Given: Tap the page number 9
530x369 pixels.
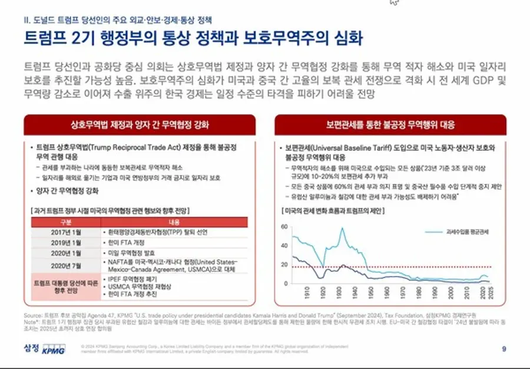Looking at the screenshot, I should (x=503, y=349).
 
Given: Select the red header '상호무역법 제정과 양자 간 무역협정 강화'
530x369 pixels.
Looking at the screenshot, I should (x=139, y=125).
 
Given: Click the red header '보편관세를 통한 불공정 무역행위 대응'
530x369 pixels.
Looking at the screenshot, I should (x=390, y=125).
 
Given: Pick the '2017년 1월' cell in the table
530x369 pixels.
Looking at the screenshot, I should (x=62, y=232).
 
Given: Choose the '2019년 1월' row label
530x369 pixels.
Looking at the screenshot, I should (x=62, y=242).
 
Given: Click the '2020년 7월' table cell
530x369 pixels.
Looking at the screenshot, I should (x=62, y=265).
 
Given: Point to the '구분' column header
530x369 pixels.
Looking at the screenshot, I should (x=62, y=222).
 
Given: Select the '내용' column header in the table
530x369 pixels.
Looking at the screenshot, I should (x=174, y=222).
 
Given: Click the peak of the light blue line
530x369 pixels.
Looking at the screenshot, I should (x=342, y=228).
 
